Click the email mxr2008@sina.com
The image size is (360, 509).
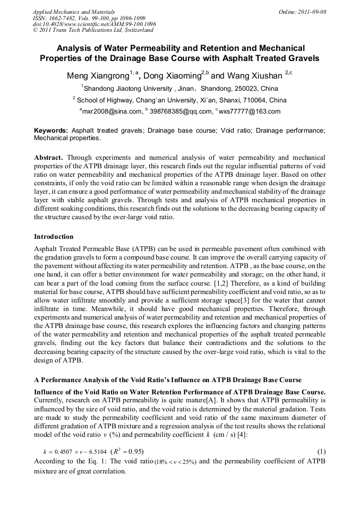coord(112,111)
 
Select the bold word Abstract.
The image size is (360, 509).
coord(49,158)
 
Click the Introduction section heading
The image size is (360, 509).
coord(54,236)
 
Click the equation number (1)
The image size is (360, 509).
coord(321,452)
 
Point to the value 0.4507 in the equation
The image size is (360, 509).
coord(62,452)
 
